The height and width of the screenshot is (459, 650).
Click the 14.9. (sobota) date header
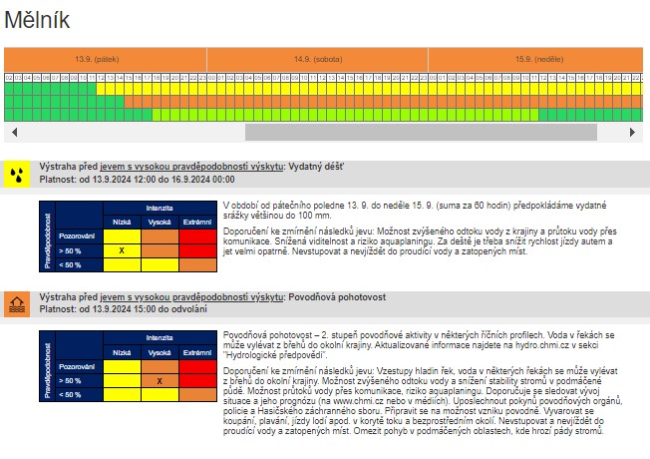(317, 59)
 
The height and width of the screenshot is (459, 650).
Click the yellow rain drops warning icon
(17, 174)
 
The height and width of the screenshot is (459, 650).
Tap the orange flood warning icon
(17, 303)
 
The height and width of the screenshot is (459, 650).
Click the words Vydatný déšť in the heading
(316, 167)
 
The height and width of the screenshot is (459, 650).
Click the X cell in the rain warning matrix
(122, 249)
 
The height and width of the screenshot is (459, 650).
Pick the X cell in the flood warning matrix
(159, 381)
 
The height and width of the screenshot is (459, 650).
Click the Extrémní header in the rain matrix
(195, 222)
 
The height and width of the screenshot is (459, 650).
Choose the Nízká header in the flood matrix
(122, 353)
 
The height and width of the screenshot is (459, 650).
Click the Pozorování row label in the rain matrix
(76, 235)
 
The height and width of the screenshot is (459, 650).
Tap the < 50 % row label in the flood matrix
(71, 395)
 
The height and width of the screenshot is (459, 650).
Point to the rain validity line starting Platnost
(137, 180)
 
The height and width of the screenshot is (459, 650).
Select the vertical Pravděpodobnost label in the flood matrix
(47, 367)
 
